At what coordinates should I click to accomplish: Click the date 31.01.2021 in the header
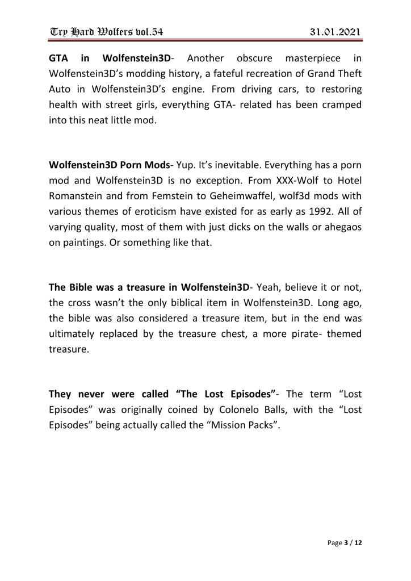tap(335, 31)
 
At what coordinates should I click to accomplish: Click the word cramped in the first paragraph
tap(338, 105)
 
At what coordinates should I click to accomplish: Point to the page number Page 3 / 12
tap(345, 543)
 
